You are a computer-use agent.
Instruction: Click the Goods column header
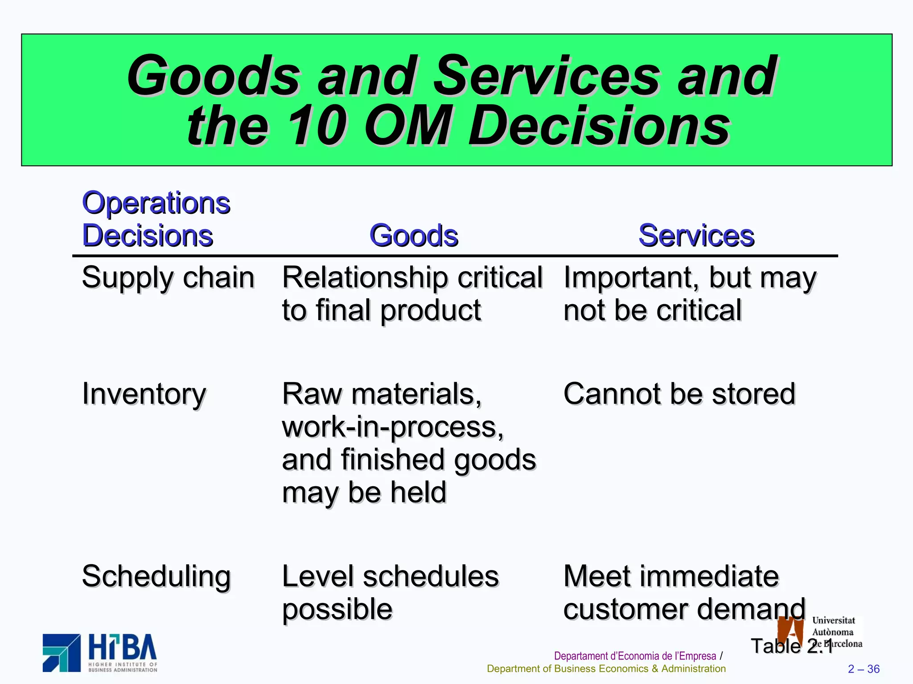[414, 236]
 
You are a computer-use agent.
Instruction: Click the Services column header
[696, 236]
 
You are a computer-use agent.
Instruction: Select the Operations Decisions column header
[156, 219]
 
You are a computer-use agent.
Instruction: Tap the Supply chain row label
[168, 278]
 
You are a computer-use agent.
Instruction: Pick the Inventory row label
[144, 394]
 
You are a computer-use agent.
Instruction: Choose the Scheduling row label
[156, 577]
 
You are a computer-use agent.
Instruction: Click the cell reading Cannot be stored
[679, 394]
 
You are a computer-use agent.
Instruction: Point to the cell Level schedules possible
[390, 593]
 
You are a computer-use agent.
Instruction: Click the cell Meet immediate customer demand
[684, 593]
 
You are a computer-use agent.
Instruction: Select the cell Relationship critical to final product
[412, 294]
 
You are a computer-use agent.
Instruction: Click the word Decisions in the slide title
[599, 126]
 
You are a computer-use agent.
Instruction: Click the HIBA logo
[100, 652]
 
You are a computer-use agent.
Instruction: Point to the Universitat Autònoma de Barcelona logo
[819, 632]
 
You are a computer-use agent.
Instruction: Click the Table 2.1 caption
[791, 646]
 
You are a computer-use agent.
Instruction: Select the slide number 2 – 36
[864, 669]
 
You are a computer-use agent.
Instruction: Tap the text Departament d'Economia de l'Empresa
[635, 656]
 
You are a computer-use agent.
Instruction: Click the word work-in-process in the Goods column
[392, 427]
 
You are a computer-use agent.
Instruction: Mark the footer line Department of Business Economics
[606, 669]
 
